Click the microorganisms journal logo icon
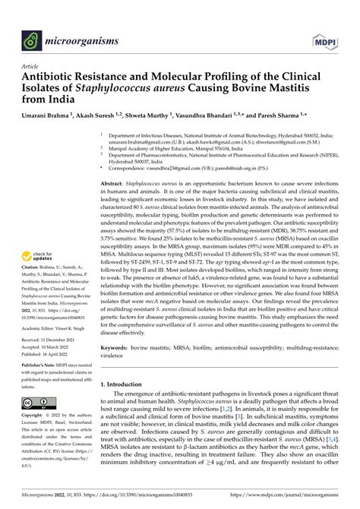tap(30, 37)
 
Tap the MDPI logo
tap(324, 37)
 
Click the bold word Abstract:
tap(115, 184)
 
